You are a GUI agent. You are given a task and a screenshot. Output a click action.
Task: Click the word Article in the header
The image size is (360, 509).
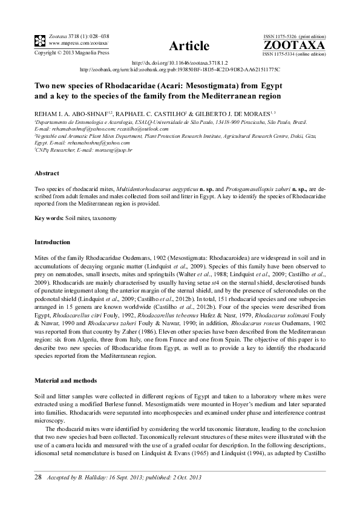pos(189,46)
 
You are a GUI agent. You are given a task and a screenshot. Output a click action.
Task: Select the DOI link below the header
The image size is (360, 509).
pos(180,63)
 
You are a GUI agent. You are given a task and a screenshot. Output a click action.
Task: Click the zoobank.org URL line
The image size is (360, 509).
pos(180,70)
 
